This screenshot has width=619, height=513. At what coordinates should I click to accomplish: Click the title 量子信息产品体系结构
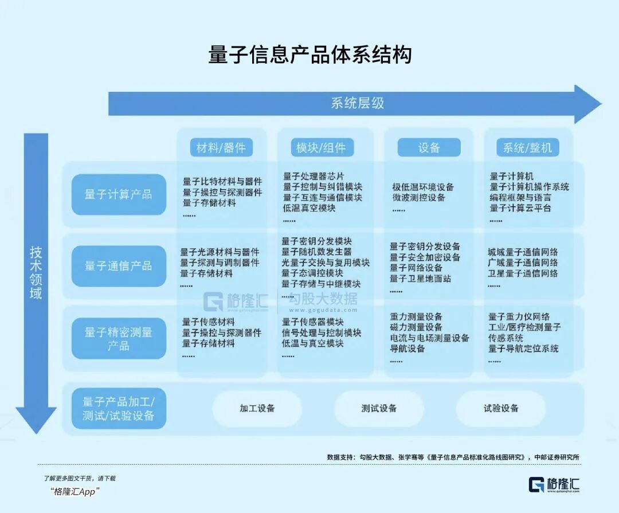[x=310, y=54]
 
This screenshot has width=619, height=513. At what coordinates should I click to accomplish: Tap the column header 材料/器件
[x=221, y=148]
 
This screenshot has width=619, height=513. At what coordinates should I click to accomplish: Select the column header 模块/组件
[x=321, y=148]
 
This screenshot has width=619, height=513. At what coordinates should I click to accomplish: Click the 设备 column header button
[x=429, y=148]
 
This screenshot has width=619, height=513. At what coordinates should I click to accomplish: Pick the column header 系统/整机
[x=527, y=148]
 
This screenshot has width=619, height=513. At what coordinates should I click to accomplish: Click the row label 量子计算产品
[x=119, y=194]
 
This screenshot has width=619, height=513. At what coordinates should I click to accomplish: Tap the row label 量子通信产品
[x=119, y=266]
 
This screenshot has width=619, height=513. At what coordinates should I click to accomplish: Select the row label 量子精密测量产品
[x=119, y=338]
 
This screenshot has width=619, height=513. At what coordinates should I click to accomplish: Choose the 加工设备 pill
[x=257, y=408]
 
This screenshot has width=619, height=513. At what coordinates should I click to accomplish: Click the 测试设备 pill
[x=379, y=408]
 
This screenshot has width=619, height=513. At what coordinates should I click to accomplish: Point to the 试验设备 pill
[x=501, y=408]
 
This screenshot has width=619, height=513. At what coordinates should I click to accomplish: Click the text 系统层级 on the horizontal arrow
[x=357, y=103]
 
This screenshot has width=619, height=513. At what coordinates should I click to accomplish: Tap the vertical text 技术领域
[x=36, y=272]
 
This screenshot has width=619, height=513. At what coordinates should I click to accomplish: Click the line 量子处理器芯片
[x=314, y=176]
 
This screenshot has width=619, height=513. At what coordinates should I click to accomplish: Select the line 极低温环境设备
[x=423, y=187]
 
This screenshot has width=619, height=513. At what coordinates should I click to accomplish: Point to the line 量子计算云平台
[x=520, y=208]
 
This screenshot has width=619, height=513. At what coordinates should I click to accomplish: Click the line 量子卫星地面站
[x=420, y=279]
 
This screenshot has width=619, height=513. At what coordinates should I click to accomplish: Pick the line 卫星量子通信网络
[x=523, y=273]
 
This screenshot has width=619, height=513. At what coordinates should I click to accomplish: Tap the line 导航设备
[x=408, y=348]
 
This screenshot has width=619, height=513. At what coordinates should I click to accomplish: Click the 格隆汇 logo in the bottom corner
[x=554, y=484]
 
